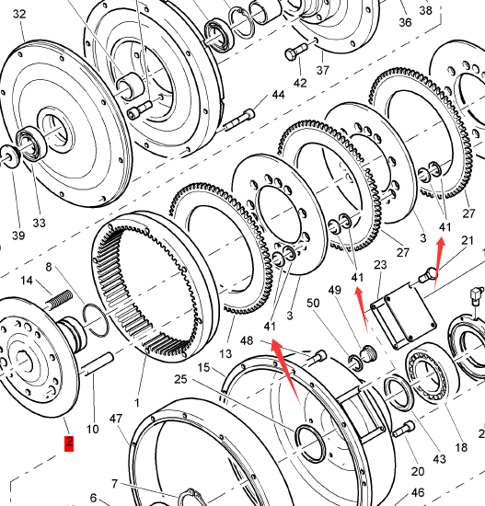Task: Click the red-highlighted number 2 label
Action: pyautogui.click(x=69, y=443)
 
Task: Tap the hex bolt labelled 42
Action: pyautogui.click(x=296, y=52)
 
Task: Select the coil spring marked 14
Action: pyautogui.click(x=60, y=299)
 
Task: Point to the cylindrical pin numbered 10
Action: pyautogui.click(x=98, y=364)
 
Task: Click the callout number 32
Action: pyautogui.click(x=19, y=14)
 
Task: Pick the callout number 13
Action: pyautogui.click(x=225, y=354)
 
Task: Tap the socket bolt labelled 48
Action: pyautogui.click(x=315, y=358)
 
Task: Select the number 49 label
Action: pyautogui.click(x=335, y=290)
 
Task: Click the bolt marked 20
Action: pyautogui.click(x=404, y=430)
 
